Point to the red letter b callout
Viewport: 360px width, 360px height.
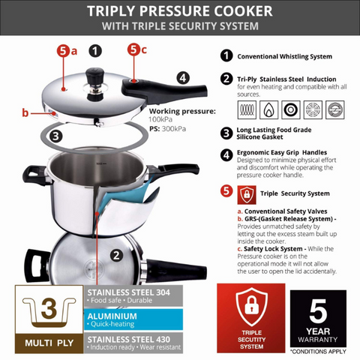(x=25, y=113)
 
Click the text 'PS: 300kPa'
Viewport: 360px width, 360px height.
(x=167, y=129)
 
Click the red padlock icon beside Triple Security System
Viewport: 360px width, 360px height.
(x=246, y=193)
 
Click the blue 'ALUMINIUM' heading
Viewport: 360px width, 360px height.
(x=114, y=318)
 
